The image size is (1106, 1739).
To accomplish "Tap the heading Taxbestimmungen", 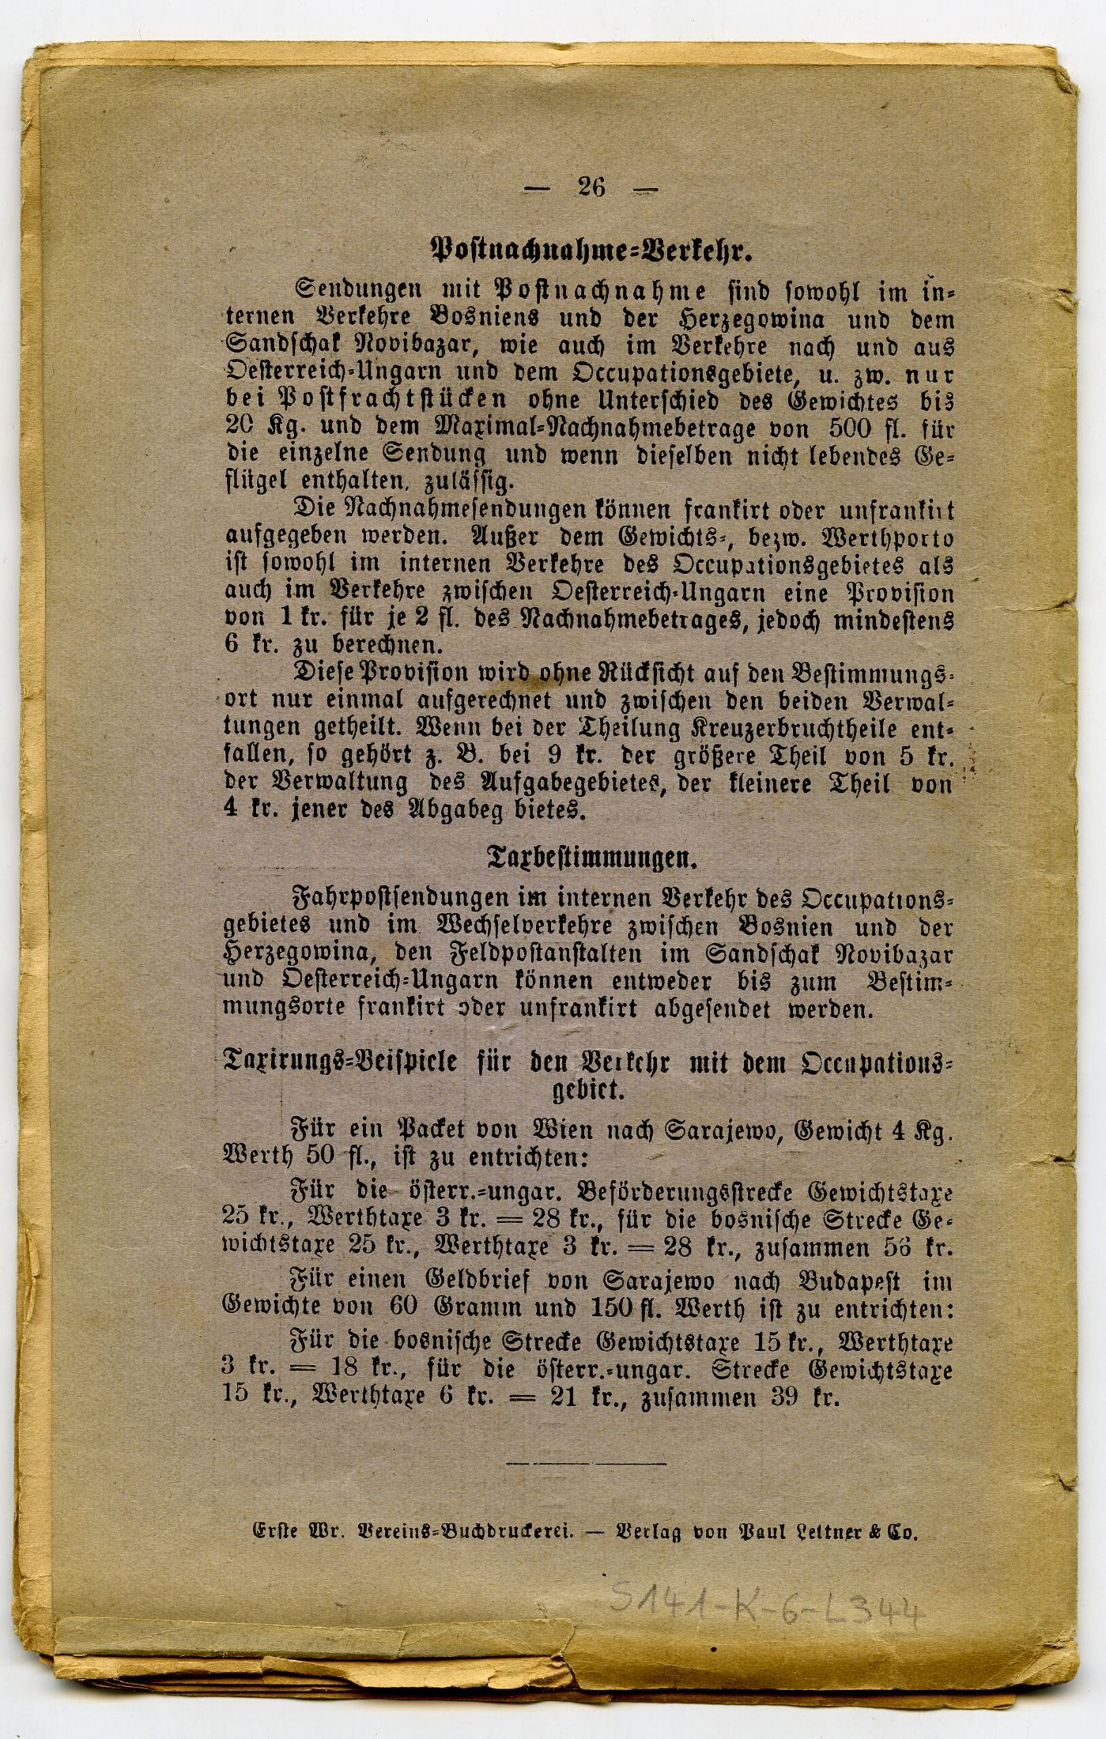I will pyautogui.click(x=590, y=859).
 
